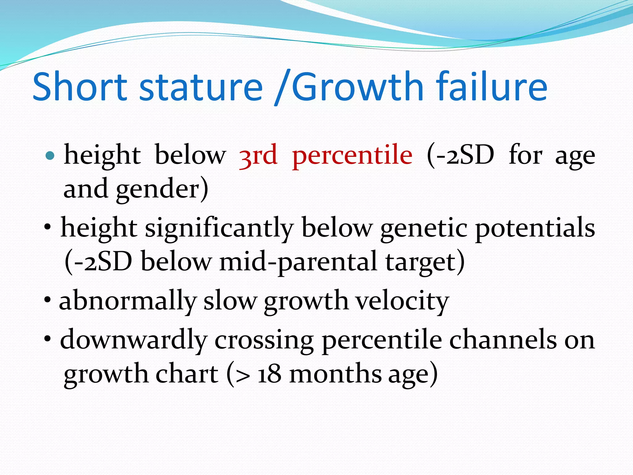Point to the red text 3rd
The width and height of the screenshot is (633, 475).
[x=258, y=155]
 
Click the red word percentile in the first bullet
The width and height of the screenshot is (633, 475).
[x=352, y=155]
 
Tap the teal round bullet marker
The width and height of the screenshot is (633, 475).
[x=50, y=155]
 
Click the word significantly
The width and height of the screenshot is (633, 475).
[x=219, y=228]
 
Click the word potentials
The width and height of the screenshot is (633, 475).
[x=535, y=228]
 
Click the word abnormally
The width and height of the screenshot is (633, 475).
[x=128, y=301]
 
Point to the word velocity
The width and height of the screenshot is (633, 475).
[x=402, y=301]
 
